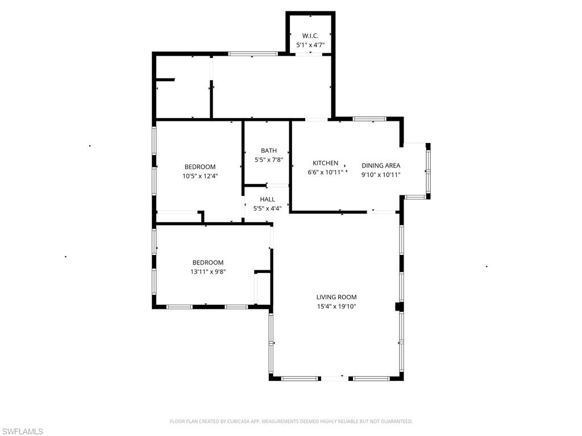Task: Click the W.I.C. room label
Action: point(310,35)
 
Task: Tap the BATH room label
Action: point(269,150)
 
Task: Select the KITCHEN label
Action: point(326,163)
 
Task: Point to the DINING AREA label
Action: point(381,166)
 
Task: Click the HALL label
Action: point(267,199)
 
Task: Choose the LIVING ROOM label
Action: point(336,297)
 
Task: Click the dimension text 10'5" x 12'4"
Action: point(200,176)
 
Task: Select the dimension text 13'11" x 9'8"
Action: point(207,272)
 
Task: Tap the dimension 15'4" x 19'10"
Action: point(336,307)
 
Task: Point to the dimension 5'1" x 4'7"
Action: point(310,44)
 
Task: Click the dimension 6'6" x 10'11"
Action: point(326,172)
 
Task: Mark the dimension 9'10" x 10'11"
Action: point(381,175)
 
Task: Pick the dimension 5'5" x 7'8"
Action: point(269,160)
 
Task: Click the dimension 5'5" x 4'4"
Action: point(267,208)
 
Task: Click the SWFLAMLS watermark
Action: point(22,431)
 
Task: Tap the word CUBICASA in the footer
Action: point(225,421)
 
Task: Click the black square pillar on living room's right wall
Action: point(400,307)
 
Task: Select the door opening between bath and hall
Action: point(278,186)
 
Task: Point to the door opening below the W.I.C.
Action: point(310,54)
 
